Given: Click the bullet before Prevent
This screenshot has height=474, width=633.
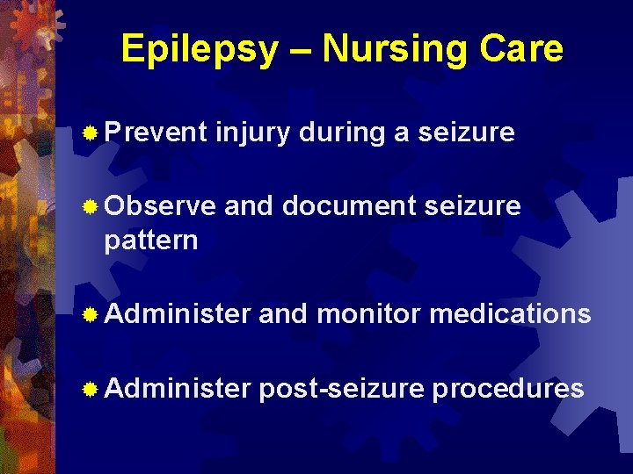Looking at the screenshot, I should pos(90,133).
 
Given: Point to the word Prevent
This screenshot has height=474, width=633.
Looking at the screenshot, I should pos(156,133).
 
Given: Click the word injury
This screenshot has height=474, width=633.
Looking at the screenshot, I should pos(253,133).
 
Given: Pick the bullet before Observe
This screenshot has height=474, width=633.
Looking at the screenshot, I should pos(90,207).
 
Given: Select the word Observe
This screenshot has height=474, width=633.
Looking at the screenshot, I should pos(160,206).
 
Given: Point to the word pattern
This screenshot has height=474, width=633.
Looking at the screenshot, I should pos(150,240).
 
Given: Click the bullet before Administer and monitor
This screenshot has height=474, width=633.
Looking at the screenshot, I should pos(90,314).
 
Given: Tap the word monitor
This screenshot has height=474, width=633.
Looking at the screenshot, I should pos(368,313).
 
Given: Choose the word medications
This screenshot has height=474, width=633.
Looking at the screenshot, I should pos(510,313).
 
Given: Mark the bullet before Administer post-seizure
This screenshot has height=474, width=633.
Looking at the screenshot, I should pos(90,389).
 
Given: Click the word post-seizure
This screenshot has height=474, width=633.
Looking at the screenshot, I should pos(341,389).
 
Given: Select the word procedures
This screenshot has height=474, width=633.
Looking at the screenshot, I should pos(507,389).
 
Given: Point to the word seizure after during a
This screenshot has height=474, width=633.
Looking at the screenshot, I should pos(466,133).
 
